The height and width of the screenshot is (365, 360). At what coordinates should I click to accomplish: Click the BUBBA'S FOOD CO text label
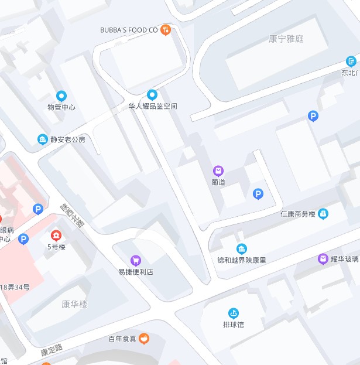coord(129,30)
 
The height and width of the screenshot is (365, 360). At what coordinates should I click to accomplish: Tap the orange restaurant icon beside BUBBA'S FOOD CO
coord(166,29)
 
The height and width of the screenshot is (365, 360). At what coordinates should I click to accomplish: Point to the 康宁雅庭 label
coord(286,39)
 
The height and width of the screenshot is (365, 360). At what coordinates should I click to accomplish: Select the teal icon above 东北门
coord(351,61)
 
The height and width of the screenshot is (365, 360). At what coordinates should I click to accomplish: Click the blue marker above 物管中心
coord(61,95)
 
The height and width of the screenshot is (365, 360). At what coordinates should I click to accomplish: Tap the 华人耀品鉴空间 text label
coord(152,107)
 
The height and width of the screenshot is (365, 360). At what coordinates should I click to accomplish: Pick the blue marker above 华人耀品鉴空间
coord(152,94)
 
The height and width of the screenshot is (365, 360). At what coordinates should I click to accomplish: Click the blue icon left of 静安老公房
coord(42,139)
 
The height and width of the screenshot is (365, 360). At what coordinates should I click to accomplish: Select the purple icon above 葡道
coord(218,170)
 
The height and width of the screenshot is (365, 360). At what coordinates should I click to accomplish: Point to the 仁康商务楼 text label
coord(298,214)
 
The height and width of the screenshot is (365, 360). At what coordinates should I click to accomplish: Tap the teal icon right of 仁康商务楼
coord(323,214)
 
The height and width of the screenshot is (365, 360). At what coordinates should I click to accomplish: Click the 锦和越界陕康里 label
coord(241,260)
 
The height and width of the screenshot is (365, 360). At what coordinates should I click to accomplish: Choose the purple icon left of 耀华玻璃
coord(323,258)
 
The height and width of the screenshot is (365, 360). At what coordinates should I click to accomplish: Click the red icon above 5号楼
coord(56,236)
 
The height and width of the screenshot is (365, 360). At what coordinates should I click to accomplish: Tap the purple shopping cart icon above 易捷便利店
coord(136,261)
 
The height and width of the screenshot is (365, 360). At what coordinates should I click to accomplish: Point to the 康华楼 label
coord(74,305)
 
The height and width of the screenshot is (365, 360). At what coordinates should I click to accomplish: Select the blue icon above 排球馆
coord(234,313)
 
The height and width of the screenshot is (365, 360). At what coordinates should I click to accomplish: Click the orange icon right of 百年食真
coord(144,339)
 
